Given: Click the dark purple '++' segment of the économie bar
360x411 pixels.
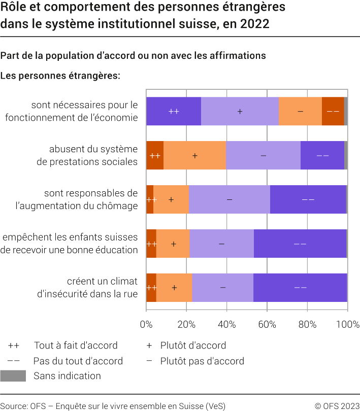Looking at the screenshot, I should [x=173, y=111].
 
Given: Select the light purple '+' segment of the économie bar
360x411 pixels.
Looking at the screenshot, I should [x=240, y=111].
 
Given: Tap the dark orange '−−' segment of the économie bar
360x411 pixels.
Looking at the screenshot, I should [x=333, y=111].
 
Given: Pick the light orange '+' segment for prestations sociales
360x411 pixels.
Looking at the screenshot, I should [x=194, y=155].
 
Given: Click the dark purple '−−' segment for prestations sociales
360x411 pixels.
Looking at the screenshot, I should [x=322, y=155].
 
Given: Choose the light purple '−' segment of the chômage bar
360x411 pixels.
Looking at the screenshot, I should [x=229, y=199].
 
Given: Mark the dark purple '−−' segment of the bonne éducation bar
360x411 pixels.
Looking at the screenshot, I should [x=300, y=244].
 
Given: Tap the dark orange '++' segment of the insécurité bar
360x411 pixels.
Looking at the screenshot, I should [x=151, y=288].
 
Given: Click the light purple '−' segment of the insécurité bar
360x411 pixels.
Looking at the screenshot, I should [x=222, y=288].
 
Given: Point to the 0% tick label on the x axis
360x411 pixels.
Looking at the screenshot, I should [x=146, y=325].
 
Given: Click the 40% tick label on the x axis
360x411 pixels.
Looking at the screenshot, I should [x=226, y=325].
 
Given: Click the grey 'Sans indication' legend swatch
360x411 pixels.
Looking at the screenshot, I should [x=13, y=376].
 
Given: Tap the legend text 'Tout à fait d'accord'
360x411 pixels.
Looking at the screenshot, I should [x=76, y=346].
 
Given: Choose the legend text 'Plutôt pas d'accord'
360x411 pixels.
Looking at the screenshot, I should [x=202, y=361].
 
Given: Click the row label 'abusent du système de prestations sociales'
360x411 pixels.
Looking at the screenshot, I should [x=93, y=155].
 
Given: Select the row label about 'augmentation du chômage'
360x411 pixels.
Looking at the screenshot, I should [x=90, y=199].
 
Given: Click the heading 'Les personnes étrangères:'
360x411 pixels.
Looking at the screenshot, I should [x=60, y=76].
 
